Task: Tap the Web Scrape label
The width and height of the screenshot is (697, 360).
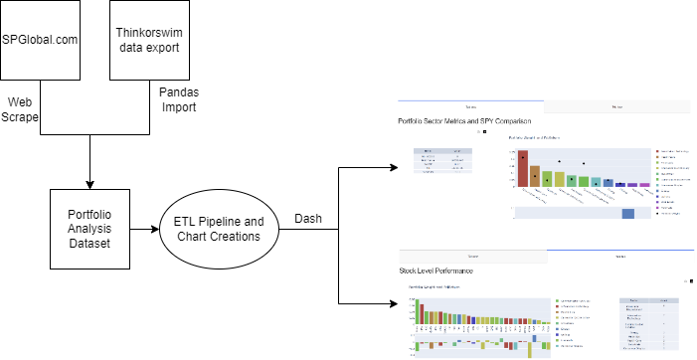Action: [22, 109]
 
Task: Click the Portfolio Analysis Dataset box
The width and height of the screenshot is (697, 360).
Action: [90, 228]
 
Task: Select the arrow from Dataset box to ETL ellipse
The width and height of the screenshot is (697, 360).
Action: [145, 228]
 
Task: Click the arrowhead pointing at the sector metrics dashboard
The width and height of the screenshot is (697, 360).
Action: [391, 167]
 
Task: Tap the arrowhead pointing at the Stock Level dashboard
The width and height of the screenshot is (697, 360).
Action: [391, 303]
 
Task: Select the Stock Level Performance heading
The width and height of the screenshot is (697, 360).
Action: [436, 270]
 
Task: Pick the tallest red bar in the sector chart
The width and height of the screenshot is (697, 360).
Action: [522, 168]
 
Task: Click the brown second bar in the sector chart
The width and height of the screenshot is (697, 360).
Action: [535, 176]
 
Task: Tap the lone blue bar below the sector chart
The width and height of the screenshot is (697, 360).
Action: [628, 213]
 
